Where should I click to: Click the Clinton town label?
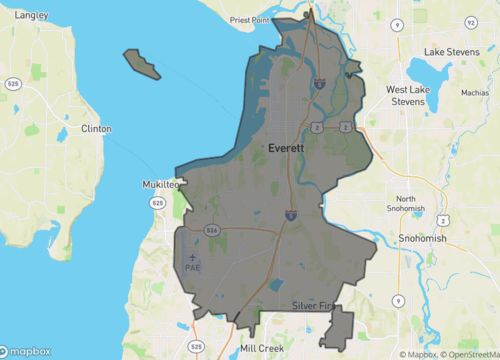96,129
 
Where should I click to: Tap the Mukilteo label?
157,185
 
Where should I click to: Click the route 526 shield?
211,229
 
